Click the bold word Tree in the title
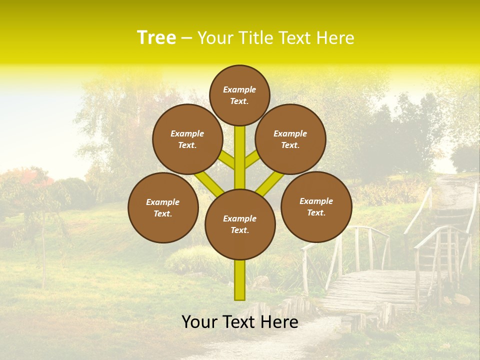[156, 37]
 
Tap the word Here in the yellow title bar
[335, 37]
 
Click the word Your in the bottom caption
[199, 322]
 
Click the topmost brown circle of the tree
[239, 95]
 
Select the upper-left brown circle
[187, 139]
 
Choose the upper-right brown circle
[290, 139]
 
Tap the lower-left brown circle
[163, 207]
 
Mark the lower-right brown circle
[316, 206]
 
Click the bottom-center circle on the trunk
[240, 224]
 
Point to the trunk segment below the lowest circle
[240, 280]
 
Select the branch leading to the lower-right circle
[270, 183]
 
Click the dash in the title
[187, 38]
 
